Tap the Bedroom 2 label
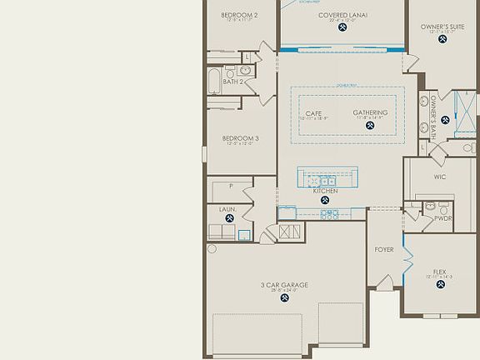[x=238, y=15]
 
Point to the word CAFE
[x=313, y=112]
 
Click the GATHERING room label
[x=370, y=112]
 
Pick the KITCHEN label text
[x=326, y=192]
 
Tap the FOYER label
[x=384, y=249]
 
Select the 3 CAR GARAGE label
[x=284, y=285]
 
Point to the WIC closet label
[x=440, y=177]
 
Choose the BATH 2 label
[x=235, y=82]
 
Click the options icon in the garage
[x=284, y=297]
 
